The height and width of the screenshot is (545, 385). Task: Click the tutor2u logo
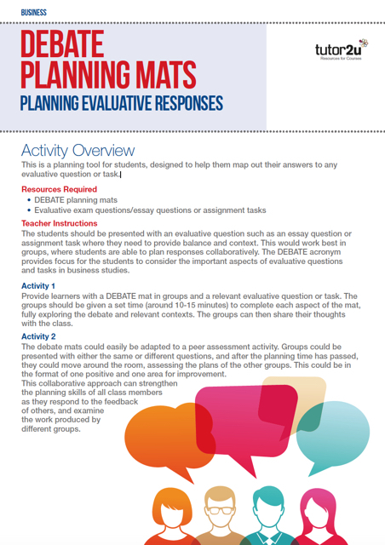(x=342, y=49)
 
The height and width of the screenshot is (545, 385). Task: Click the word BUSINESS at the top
(x=34, y=13)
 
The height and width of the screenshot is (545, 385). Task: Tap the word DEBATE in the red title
(x=62, y=43)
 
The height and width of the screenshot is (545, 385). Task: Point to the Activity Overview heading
(x=78, y=151)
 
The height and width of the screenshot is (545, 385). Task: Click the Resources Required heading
(x=59, y=189)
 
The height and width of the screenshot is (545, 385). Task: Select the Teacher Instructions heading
(x=60, y=223)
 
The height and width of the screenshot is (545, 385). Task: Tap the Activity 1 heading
(x=38, y=286)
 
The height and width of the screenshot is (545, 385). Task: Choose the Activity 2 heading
(x=38, y=336)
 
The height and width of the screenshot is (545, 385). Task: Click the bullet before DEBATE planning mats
(x=29, y=201)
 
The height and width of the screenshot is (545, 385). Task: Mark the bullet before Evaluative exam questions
(x=29, y=210)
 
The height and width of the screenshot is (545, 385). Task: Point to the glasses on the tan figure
(x=220, y=511)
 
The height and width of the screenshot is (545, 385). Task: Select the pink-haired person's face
(x=318, y=514)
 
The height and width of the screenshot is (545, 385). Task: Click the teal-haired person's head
(x=268, y=507)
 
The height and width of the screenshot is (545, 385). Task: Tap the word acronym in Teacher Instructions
(x=325, y=252)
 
